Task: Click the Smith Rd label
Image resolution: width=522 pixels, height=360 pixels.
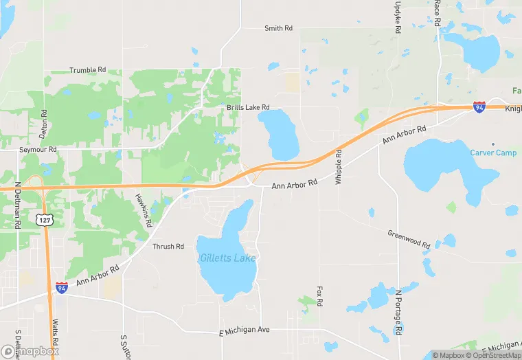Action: tap(278, 28)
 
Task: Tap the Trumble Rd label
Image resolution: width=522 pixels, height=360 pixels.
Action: tap(88, 70)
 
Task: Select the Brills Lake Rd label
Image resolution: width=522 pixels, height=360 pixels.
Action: tap(248, 108)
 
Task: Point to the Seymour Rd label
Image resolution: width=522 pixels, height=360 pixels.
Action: tap(38, 149)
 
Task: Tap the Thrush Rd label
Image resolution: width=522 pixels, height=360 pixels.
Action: tap(168, 247)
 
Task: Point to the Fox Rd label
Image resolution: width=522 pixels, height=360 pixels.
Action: tap(319, 297)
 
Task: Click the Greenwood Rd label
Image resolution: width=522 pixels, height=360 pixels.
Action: tap(408, 239)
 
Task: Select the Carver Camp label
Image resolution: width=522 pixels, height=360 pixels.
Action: tap(493, 153)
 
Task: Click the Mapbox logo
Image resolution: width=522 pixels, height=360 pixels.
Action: tap(30, 351)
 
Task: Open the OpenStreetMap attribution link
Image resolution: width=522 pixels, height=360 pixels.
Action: tap(491, 355)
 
